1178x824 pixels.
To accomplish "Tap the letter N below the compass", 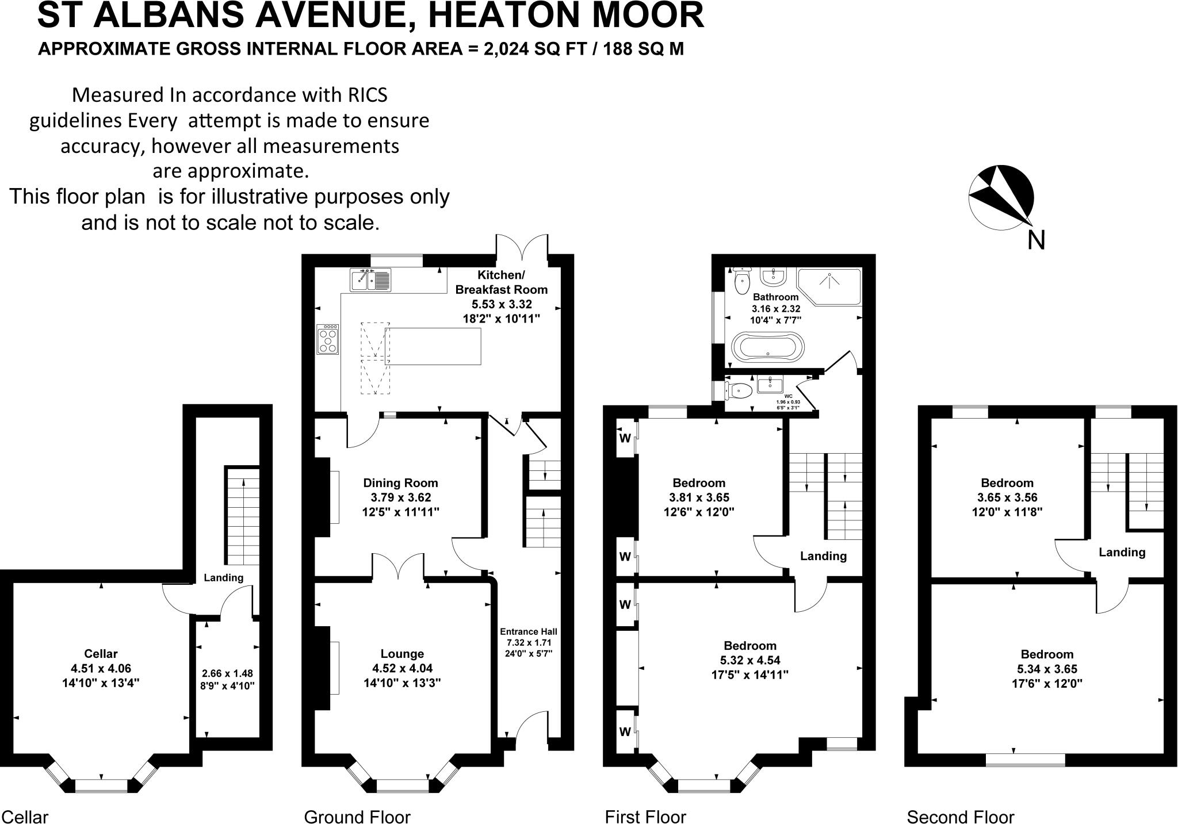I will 1036,240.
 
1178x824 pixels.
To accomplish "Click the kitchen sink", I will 370,280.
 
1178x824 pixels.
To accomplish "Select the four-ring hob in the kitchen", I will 328,339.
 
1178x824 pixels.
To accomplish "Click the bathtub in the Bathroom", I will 767,347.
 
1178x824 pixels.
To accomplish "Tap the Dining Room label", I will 400,483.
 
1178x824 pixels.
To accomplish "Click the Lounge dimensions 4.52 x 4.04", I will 402,668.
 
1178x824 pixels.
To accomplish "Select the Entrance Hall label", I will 528,631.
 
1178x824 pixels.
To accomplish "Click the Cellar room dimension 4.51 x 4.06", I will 101,668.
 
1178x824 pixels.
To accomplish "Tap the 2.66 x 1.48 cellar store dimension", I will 227,673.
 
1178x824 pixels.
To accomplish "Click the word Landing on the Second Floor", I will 1122,553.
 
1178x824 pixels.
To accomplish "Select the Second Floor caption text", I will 960,817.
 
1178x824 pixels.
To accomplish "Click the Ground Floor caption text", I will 357,817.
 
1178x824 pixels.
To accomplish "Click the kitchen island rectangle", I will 433,346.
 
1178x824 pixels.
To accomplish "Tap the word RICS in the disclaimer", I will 365,94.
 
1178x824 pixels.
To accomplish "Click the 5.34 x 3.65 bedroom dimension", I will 1047,669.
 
